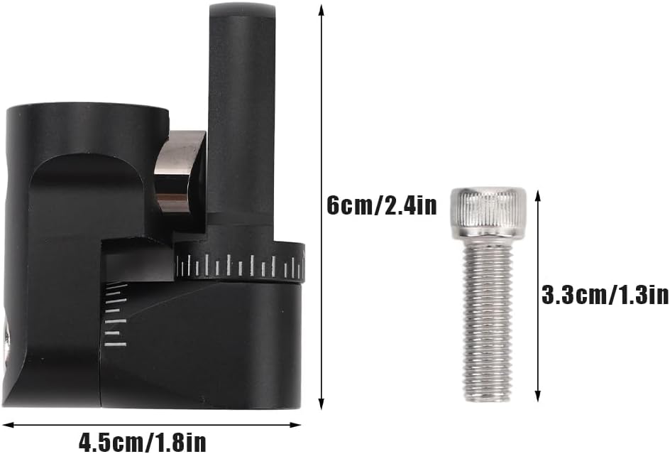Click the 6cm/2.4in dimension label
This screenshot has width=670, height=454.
click(382, 206)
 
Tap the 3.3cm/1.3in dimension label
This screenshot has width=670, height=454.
click(605, 295)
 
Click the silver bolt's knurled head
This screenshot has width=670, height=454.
click(488, 212)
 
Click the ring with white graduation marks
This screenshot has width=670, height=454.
click(241, 263)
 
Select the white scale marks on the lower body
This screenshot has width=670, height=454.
click(116, 315)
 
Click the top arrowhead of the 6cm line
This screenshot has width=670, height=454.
click(322, 9)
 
